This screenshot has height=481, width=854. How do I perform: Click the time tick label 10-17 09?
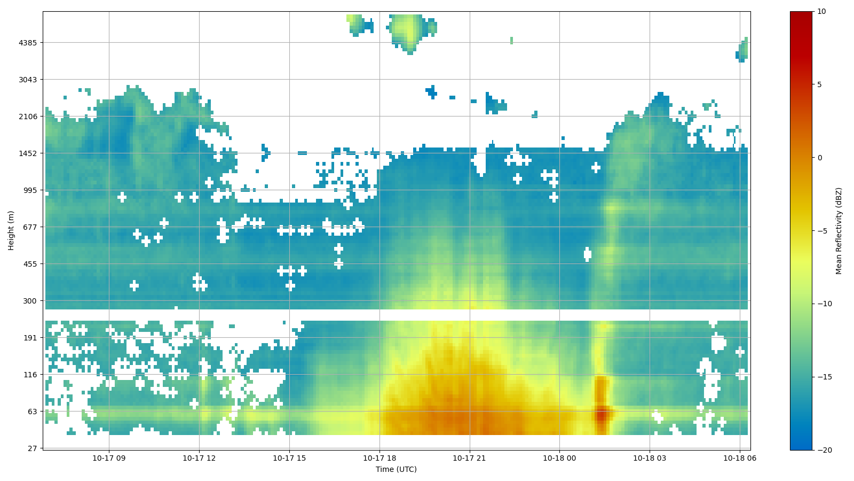coord(109,458)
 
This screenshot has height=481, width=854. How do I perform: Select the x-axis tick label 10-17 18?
coord(379,458)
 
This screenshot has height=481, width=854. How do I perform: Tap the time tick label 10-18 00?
coord(559,458)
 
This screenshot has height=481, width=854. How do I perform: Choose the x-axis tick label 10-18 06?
coord(740,458)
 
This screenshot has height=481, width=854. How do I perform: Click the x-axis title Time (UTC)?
coord(396,470)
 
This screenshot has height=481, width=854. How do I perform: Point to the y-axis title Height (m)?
coord(11,230)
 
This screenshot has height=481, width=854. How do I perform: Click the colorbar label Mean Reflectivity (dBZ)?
coord(839,230)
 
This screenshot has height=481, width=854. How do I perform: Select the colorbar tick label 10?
coord(821,12)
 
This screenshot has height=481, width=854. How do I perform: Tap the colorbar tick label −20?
coord(825,451)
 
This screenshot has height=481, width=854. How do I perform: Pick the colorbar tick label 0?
coord(819,158)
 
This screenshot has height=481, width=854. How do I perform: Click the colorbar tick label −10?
coord(825,304)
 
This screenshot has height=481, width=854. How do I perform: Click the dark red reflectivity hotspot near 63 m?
coord(601,414)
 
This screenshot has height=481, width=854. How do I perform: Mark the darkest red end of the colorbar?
coord(801,14)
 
